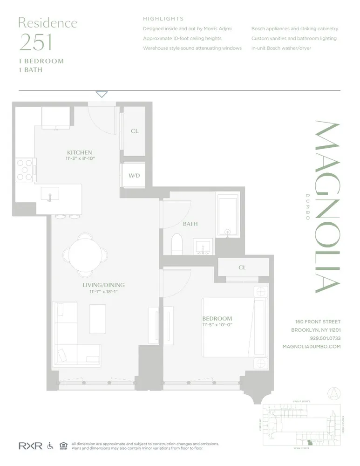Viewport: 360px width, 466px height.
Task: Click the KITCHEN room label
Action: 79,152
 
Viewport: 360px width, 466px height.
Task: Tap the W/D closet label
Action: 134,175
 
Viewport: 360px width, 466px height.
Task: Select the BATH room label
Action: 190,224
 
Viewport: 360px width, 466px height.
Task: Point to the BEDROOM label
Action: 217,318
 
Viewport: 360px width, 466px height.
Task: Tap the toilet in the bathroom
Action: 177,244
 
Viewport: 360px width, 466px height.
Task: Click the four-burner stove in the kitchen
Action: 25,170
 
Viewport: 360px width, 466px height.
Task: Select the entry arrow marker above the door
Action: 102,95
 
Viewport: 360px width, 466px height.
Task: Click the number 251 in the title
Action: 35,42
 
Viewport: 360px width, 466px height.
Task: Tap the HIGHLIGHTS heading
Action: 163,19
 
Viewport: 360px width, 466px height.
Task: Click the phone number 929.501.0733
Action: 325,338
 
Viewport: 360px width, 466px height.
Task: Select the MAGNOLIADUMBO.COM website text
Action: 312,347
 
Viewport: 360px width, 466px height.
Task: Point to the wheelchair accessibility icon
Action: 50,446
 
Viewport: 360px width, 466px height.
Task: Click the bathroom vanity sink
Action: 203,246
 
